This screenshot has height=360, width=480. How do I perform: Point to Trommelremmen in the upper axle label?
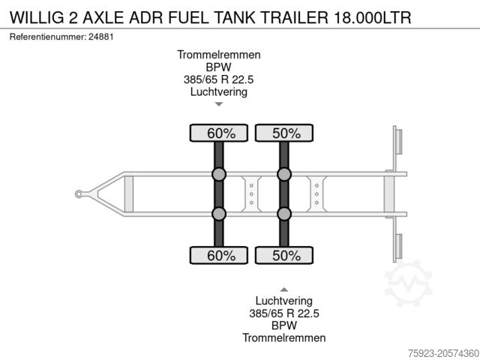pos(219,55)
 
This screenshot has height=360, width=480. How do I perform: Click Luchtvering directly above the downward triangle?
pos(219,92)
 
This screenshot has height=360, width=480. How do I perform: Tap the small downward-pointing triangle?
pos(219,104)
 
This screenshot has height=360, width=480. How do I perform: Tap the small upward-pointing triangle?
pos(284,289)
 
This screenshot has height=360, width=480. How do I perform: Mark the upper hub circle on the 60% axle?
pos(219,175)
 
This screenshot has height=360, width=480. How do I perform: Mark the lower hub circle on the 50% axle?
pos(284,214)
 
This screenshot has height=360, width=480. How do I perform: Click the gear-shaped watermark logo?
pos(409,283)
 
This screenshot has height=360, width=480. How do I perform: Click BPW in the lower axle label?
pos(284,325)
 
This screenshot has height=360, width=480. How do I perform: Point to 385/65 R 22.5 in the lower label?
pos(284,313)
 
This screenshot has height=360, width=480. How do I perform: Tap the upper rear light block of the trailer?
pos(398,142)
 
